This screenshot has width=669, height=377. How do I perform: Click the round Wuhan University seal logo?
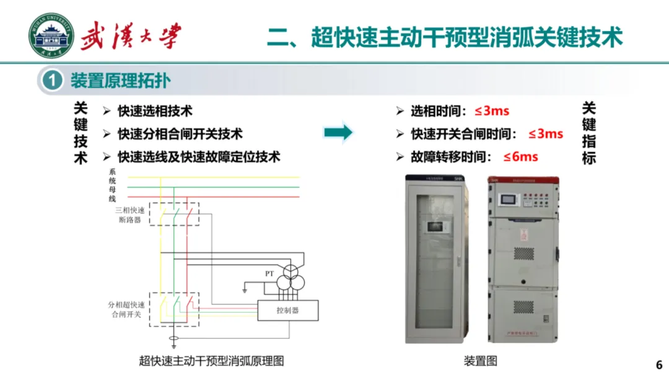click(x=51, y=36)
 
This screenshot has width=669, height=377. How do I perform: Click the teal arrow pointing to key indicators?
click(x=338, y=132)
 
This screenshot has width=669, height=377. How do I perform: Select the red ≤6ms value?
click(x=520, y=157)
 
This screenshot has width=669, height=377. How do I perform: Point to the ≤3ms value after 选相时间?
click(x=492, y=111)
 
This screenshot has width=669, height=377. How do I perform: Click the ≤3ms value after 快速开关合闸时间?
click(x=546, y=134)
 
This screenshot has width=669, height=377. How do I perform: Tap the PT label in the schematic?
click(x=269, y=273)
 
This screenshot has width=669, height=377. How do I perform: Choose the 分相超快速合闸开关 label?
click(x=126, y=309)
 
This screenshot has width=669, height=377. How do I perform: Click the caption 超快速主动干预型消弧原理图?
click(x=211, y=361)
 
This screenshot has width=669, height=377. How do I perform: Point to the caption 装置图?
click(x=480, y=361)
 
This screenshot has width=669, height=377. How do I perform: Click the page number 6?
click(x=659, y=364)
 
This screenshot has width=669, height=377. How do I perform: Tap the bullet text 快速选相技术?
click(x=155, y=111)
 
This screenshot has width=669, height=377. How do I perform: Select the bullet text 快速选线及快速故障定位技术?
click(x=199, y=157)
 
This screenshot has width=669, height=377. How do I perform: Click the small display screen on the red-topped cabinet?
click(x=509, y=200)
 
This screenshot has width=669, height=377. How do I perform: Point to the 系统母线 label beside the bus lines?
click(x=112, y=185)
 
